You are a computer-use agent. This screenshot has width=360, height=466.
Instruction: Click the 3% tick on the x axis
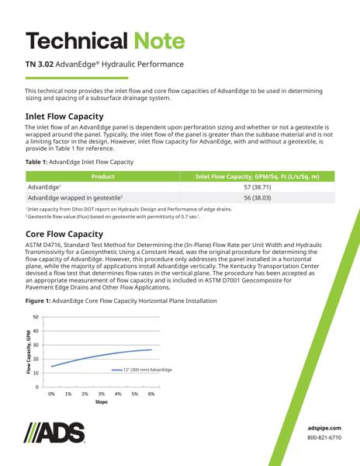click(x=102, y=394)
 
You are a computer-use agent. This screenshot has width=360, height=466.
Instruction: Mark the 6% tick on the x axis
click(x=151, y=394)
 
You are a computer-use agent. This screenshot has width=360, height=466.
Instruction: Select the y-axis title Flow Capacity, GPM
click(x=18, y=352)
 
